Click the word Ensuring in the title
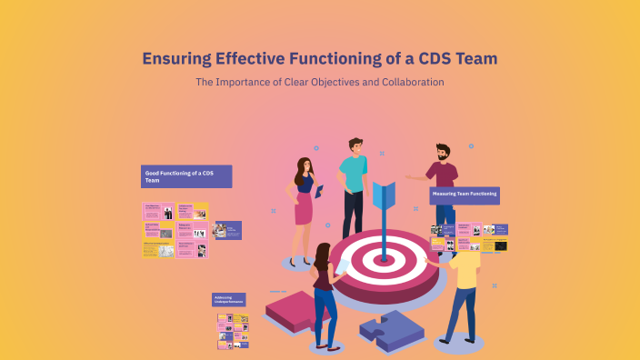click(x=175, y=59)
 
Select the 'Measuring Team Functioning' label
click(x=465, y=195)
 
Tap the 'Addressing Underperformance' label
click(x=229, y=299)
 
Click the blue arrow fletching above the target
click(x=383, y=196)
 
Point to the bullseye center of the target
click(x=384, y=258)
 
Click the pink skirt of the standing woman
click(x=304, y=209)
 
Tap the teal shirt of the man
click(x=353, y=173)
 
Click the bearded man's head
click(x=443, y=151)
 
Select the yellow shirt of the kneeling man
click(x=465, y=268)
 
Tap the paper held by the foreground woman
click(x=343, y=267)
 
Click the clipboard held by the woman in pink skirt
click(x=320, y=189)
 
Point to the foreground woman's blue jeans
click(x=325, y=314)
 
